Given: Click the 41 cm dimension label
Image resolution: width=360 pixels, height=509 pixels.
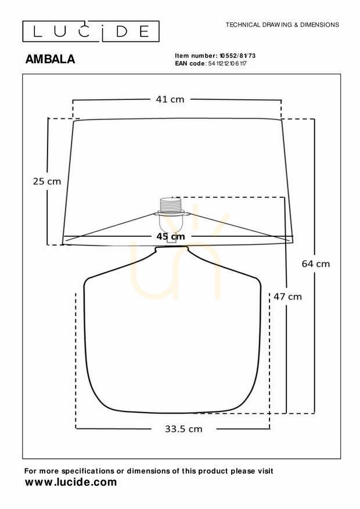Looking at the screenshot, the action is tap(170, 99).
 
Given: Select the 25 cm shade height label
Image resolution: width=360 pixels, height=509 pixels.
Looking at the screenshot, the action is tap(47, 181).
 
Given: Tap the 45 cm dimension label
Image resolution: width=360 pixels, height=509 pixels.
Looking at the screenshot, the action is tap(171, 236).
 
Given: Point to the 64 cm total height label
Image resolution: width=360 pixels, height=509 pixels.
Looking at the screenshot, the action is tap(315, 263).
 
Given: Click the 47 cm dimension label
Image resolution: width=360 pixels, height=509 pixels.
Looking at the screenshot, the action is tap(287, 297).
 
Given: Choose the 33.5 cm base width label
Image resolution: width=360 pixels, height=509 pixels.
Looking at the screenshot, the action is tap(183, 429).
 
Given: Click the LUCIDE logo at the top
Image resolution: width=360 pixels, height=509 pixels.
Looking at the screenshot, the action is tap(91, 31).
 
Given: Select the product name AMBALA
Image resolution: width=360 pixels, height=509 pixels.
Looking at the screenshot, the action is tap(50, 59).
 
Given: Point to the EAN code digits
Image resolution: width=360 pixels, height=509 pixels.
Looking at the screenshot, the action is tap(227, 63).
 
